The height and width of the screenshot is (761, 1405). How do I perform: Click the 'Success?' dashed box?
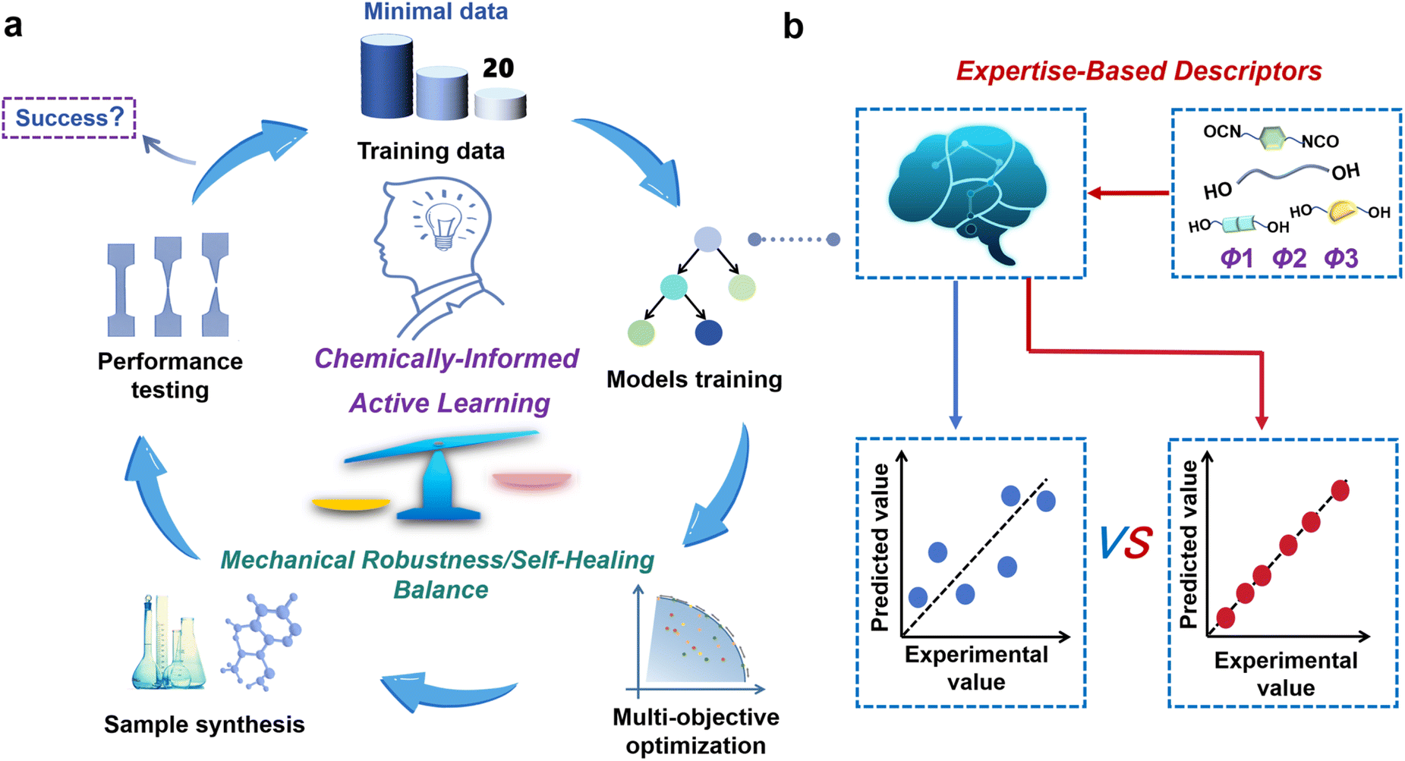point(69,118)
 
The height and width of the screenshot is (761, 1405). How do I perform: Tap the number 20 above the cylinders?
point(498,68)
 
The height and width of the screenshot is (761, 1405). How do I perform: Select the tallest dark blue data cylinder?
point(386,77)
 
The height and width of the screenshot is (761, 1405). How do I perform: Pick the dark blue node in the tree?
point(708,332)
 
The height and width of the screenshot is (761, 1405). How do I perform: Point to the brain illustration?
point(968,193)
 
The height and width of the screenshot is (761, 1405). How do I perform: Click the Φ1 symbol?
point(1236,258)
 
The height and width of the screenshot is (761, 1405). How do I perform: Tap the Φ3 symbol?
point(1340,258)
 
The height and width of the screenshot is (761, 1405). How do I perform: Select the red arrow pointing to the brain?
point(1128,193)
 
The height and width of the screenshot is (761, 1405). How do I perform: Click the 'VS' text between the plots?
point(1126,542)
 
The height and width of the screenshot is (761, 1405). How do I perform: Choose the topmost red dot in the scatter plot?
point(1340,491)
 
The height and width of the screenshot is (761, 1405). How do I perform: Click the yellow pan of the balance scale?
point(351,503)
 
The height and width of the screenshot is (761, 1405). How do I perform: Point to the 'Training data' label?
point(430,151)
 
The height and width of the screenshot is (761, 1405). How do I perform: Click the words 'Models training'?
point(694,379)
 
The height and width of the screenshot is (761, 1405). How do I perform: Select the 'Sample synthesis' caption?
point(204,725)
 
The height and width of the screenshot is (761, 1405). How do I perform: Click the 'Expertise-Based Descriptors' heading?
point(1139,71)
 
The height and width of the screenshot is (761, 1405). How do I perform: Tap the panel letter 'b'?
point(793,27)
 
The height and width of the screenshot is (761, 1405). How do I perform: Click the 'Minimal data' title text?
point(436,11)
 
